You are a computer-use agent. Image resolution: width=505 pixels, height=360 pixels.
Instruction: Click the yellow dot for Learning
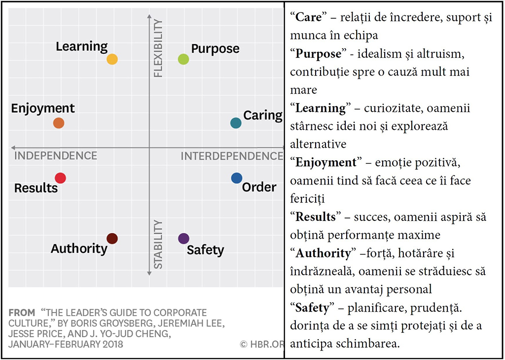(112, 59)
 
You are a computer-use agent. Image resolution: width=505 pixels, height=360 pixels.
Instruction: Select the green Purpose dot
(183, 59)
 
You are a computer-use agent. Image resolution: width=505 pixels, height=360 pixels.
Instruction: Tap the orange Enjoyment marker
(59, 123)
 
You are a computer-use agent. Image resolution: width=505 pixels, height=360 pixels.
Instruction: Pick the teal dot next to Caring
(236, 123)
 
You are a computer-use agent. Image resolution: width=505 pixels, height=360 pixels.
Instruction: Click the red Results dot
(60, 178)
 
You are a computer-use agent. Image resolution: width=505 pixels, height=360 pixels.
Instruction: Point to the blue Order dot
(237, 178)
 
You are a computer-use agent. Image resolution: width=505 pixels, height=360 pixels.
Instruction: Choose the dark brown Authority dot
(112, 239)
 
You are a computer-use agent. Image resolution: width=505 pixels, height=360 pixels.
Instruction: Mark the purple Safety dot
(183, 239)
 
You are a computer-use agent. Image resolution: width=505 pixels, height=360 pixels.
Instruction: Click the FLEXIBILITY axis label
(158, 48)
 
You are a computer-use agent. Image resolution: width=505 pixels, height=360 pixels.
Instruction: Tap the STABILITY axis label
(158, 244)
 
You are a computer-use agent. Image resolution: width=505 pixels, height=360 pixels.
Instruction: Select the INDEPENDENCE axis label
(56, 156)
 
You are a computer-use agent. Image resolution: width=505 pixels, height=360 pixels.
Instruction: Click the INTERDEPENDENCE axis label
(232, 156)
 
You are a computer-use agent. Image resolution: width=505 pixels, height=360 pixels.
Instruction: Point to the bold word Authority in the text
(323, 253)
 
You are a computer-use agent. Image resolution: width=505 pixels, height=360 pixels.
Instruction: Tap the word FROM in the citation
(22, 313)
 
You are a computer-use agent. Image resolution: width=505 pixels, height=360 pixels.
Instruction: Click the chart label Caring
(262, 115)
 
